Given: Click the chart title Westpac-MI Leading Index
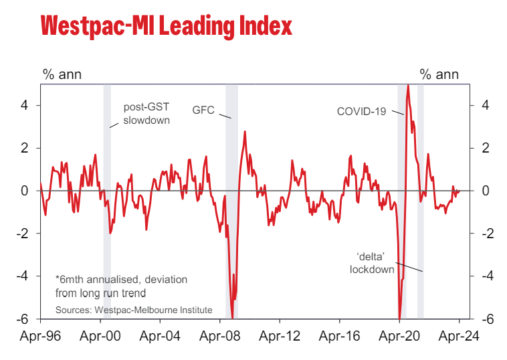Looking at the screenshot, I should coord(167,26).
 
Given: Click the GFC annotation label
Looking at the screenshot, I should coord(203,110).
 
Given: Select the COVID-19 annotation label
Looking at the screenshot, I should coord(361,111).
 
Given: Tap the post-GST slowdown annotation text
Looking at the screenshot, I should coord(146,114).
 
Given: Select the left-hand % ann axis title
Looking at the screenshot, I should coord(62,74).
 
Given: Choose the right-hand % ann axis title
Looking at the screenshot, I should coord(439,74).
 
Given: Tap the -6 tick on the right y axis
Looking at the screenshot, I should coord(486,319).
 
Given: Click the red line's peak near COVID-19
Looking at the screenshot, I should coord(408,86).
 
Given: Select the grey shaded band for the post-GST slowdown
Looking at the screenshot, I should coord(107,201).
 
